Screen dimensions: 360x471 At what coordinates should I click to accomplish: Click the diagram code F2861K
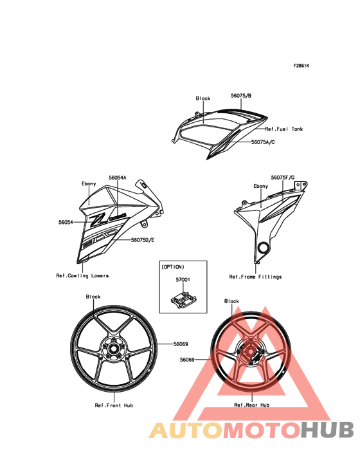click(x=301, y=66)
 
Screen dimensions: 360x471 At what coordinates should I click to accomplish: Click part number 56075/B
click(x=241, y=96)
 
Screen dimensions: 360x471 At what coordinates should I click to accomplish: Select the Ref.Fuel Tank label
click(x=283, y=129)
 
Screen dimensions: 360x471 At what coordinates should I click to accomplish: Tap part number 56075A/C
click(x=263, y=142)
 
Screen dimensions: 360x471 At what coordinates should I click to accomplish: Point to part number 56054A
click(x=117, y=178)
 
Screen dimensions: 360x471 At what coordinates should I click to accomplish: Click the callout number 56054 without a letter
click(x=66, y=222)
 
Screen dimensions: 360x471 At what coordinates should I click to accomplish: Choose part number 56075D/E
click(x=143, y=240)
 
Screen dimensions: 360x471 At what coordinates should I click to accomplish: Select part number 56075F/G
click(x=283, y=178)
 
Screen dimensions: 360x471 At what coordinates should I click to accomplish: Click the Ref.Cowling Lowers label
click(x=82, y=275)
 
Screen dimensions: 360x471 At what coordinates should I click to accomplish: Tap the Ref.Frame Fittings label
click(x=255, y=277)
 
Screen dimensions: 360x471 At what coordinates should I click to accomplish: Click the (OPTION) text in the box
click(x=173, y=267)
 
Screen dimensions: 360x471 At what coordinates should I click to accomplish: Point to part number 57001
click(x=183, y=279)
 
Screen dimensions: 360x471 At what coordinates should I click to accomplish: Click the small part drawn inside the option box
click(x=184, y=300)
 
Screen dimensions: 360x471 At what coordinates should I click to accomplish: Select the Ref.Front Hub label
click(x=114, y=405)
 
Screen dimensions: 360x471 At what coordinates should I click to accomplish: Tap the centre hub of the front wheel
click(x=114, y=349)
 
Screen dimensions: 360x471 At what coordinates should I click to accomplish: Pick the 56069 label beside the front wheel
click(x=181, y=344)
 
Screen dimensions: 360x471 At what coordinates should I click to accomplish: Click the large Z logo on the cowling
click(x=98, y=221)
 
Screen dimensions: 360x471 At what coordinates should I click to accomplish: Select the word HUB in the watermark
click(x=327, y=430)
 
